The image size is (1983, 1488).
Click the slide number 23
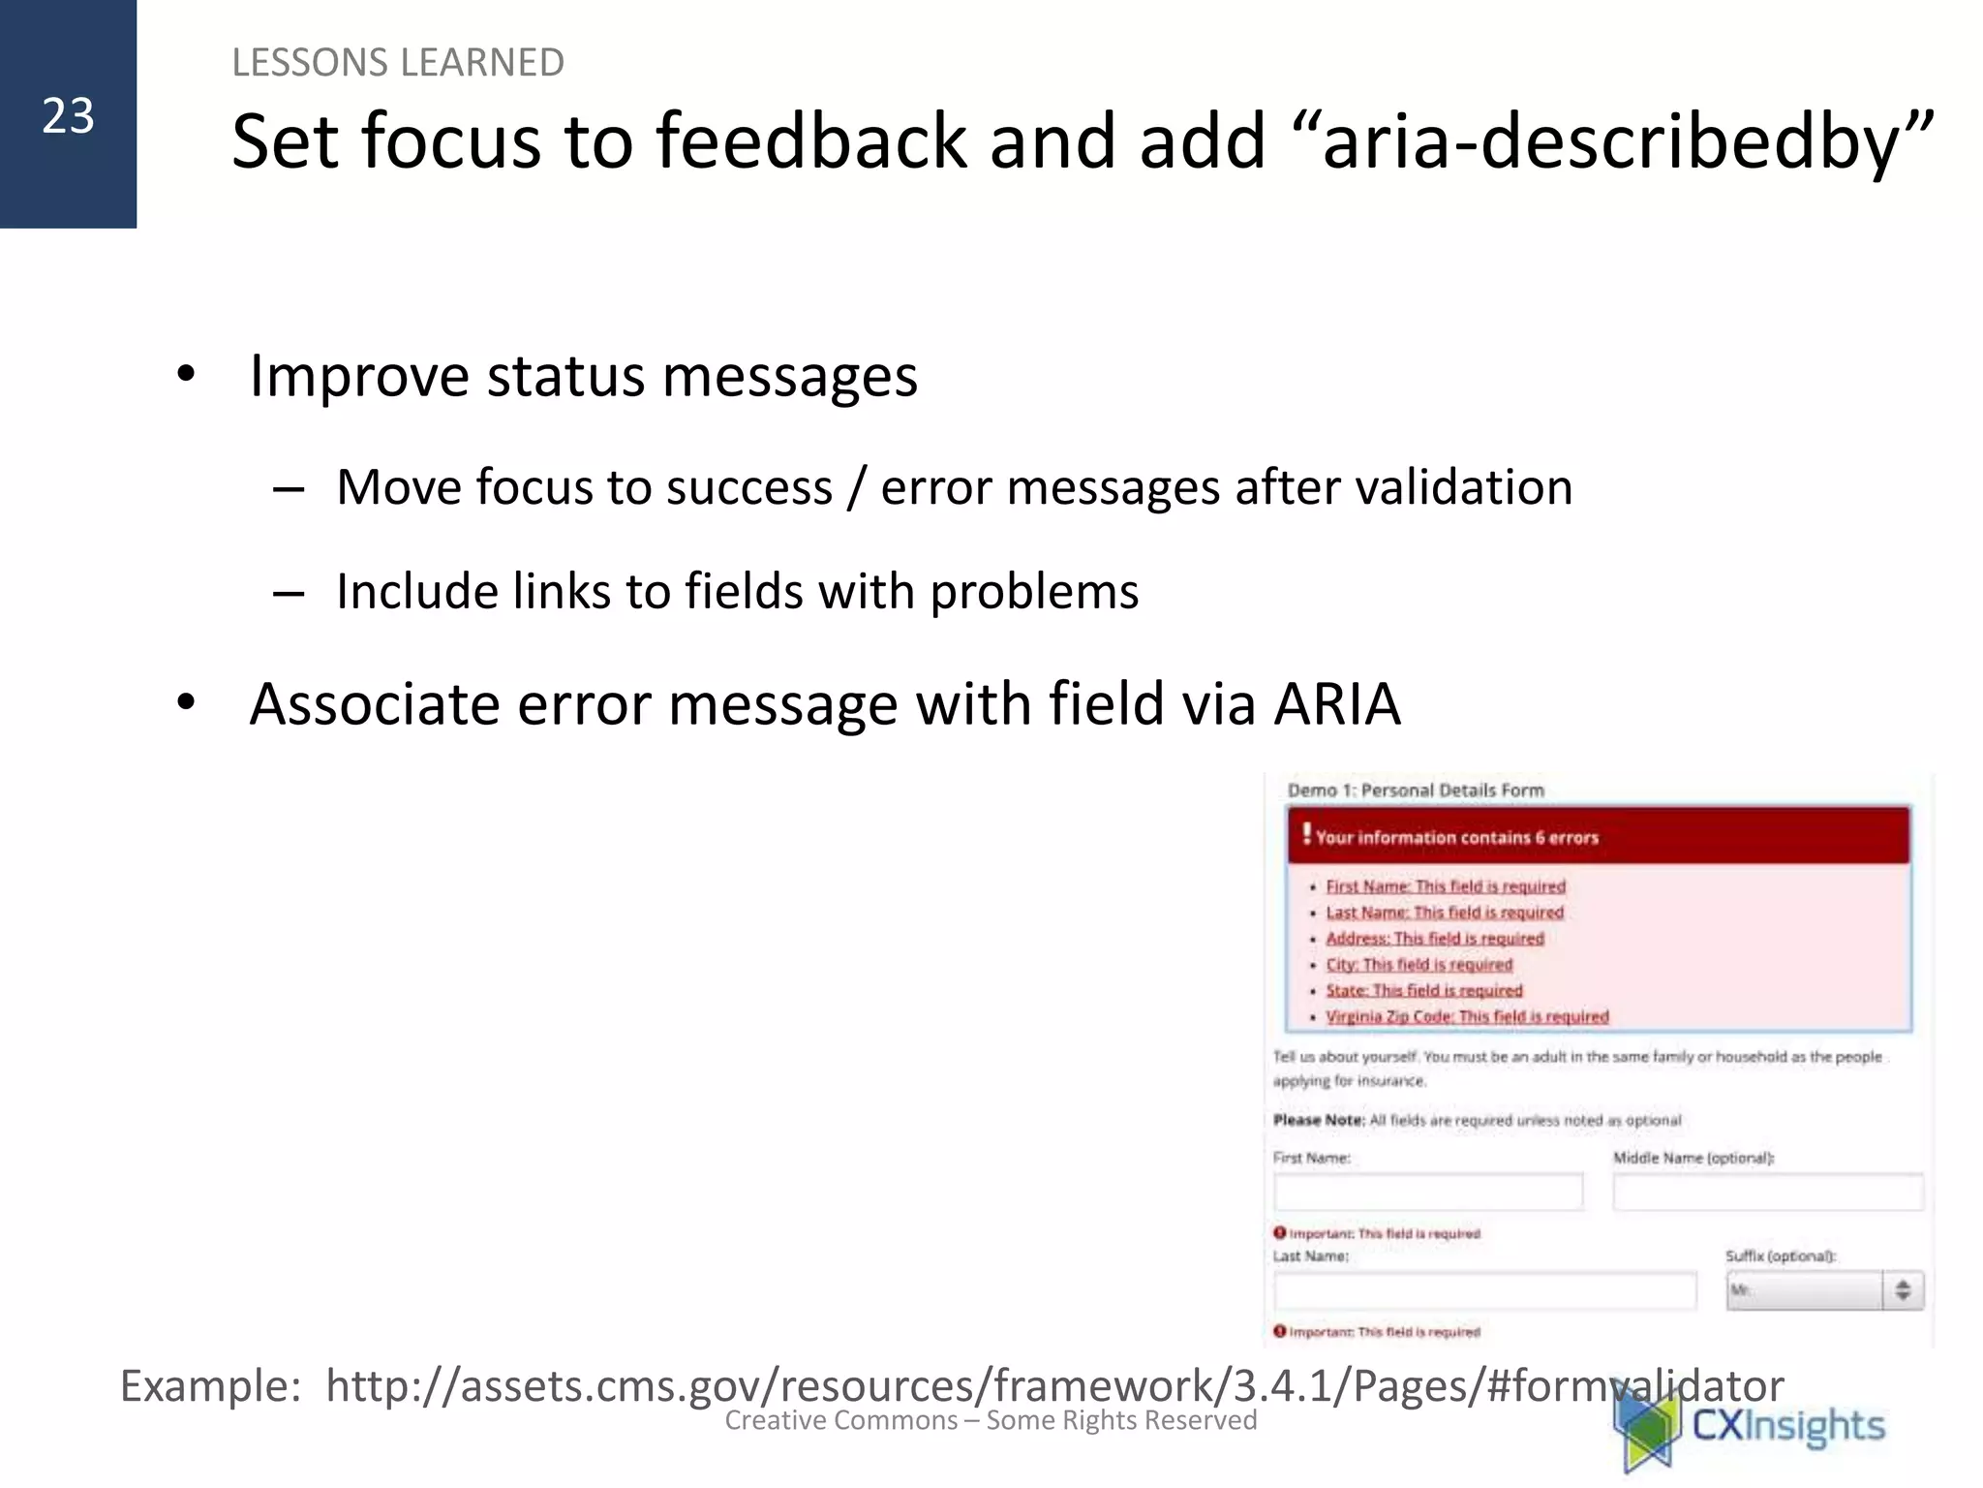pos(68,116)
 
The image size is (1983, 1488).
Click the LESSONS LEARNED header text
pos(397,63)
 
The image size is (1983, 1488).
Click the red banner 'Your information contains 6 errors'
pos(1598,837)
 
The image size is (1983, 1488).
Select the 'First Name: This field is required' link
pos(1445,886)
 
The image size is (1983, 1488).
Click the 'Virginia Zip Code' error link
pos(1466,1016)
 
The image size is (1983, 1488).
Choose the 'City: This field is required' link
pos(1419,965)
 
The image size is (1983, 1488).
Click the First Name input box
pos(1428,1192)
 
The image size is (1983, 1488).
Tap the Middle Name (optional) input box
pos(1767,1192)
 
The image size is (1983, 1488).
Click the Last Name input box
pos(1484,1290)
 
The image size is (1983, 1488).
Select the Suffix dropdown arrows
pos(1902,1290)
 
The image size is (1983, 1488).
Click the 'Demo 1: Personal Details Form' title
pos(1415,790)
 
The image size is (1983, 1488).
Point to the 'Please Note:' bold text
pos(1318,1120)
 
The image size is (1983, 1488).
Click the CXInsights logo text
pos(1786,1426)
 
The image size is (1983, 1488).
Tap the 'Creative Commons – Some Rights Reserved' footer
pos(990,1421)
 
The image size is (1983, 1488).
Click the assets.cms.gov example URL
pos(1053,1385)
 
